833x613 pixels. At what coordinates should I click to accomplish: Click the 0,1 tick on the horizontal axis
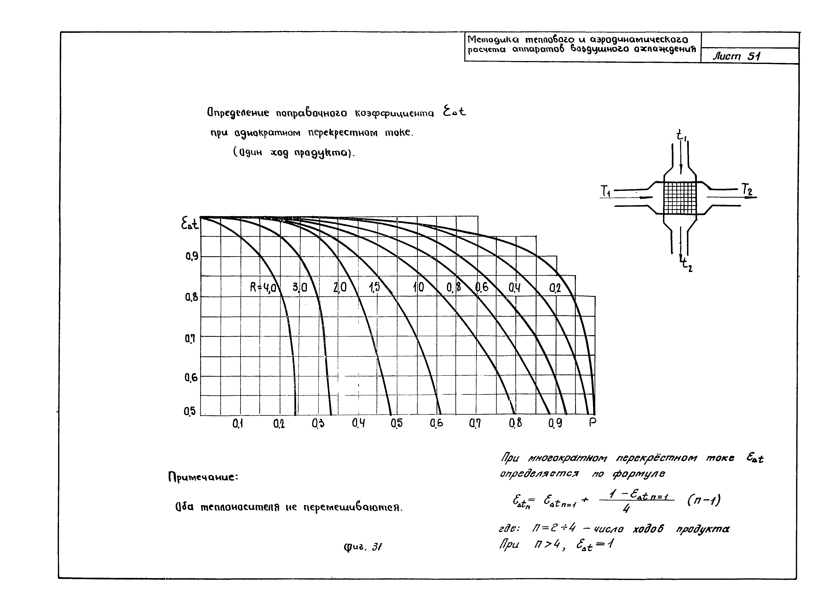pos(238,423)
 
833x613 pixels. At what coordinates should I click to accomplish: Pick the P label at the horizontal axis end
pos(592,422)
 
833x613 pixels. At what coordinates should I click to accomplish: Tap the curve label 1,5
pos(374,287)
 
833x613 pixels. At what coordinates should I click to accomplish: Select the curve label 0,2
pos(555,288)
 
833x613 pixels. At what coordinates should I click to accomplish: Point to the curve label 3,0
pos(300,287)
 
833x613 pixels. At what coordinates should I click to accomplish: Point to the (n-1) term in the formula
pos(704,501)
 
